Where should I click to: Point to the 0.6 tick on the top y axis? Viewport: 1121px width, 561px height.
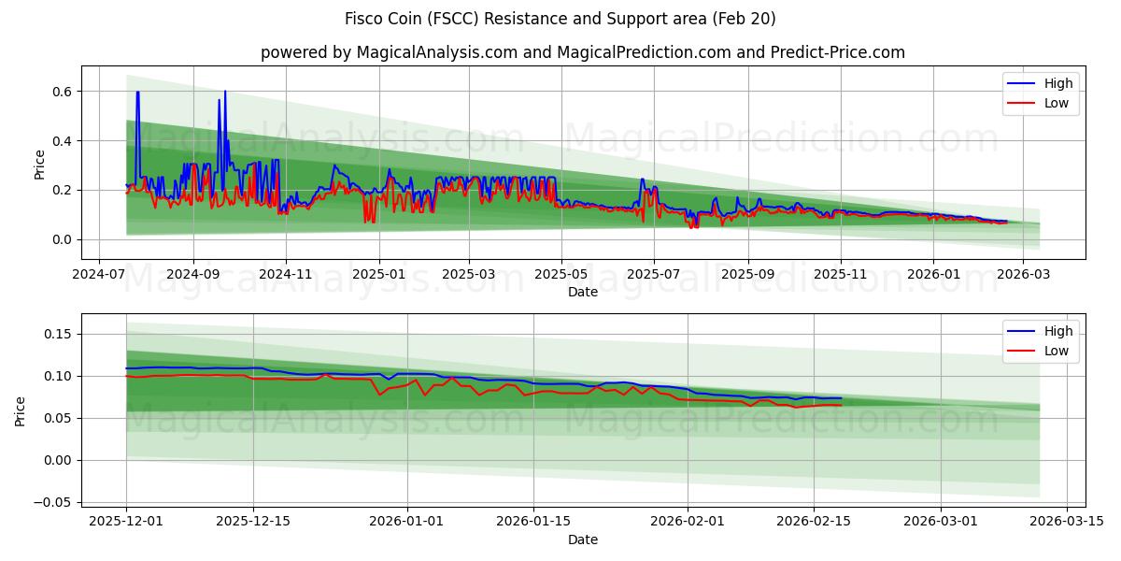tap(62, 92)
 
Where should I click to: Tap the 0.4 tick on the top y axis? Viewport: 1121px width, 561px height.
tap(62, 141)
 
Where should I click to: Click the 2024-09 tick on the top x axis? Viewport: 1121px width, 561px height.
tap(193, 275)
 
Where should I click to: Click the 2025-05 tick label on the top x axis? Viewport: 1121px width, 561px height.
tap(561, 275)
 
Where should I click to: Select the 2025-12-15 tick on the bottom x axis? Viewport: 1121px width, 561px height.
tap(252, 523)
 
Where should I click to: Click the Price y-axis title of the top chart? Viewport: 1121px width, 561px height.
tap(39, 164)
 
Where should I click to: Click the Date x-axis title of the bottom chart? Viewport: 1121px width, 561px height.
tap(582, 539)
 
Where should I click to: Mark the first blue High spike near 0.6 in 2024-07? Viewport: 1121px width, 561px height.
tap(137, 93)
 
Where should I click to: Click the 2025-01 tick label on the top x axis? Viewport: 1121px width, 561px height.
tap(378, 275)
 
